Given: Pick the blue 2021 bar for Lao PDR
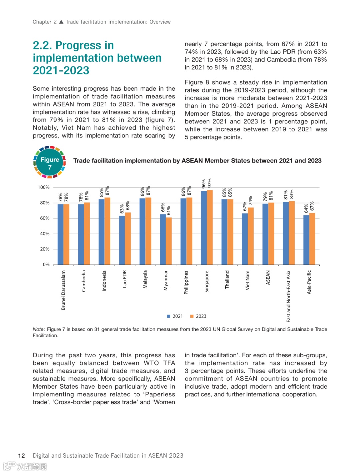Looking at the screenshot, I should click(122, 240).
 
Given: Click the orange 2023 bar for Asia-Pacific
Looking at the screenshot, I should click(312, 239).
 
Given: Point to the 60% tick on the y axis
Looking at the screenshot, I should click(45, 218).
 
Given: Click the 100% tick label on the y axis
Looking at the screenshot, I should click(44, 187).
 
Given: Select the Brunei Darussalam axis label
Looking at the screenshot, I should click(63, 290).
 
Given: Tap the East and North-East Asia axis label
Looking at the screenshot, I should click(289, 296).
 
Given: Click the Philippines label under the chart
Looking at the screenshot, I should click(186, 282).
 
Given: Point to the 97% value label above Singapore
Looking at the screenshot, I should click(210, 183).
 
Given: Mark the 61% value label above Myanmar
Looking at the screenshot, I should click(169, 210).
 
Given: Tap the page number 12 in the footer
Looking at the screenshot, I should click(22, 456).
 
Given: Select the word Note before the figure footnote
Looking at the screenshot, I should click(38, 329).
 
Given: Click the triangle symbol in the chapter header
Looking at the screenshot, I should click(61, 22).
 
